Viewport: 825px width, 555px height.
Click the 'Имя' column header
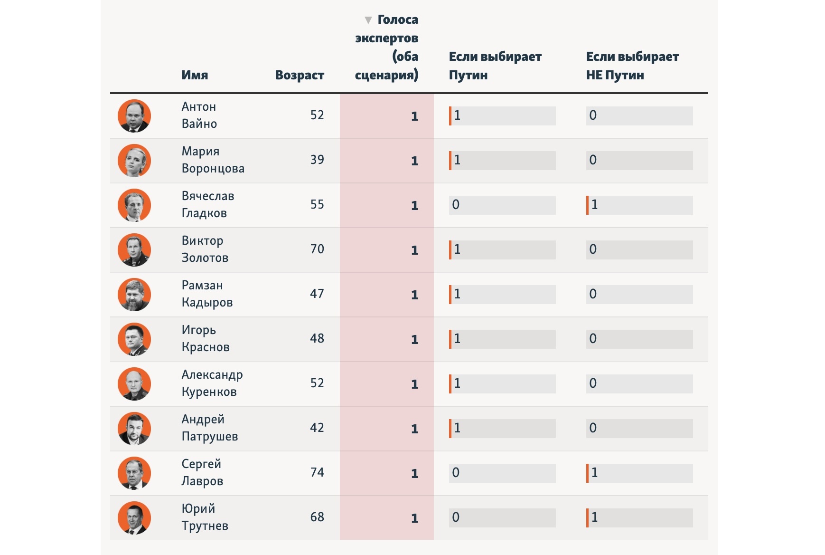click(x=195, y=75)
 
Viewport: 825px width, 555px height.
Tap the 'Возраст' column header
click(x=300, y=75)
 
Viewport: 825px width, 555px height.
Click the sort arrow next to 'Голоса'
click(x=368, y=20)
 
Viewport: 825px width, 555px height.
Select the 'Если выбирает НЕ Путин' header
click(x=632, y=66)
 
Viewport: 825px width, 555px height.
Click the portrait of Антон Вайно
click(x=134, y=116)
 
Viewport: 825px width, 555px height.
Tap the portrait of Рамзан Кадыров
click(x=134, y=295)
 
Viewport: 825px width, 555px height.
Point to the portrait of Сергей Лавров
click(x=134, y=473)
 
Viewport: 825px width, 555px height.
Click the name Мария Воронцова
click(x=213, y=160)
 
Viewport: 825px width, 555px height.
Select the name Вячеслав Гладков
click(x=208, y=204)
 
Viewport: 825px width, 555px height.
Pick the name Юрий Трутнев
click(x=205, y=517)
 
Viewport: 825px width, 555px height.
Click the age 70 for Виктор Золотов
click(x=317, y=249)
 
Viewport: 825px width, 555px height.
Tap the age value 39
click(x=317, y=160)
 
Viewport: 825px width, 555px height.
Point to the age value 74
click(x=317, y=472)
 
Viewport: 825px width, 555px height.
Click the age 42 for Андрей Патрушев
click(x=317, y=428)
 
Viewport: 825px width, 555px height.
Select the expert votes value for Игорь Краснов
click(x=414, y=339)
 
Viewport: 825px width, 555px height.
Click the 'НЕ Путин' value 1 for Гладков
click(x=594, y=205)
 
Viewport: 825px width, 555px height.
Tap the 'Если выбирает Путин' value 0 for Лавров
click(x=456, y=473)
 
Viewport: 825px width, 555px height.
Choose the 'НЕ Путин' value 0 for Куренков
click(x=593, y=383)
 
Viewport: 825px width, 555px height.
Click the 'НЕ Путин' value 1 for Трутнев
click(x=594, y=517)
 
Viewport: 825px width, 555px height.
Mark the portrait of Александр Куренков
click(x=134, y=384)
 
